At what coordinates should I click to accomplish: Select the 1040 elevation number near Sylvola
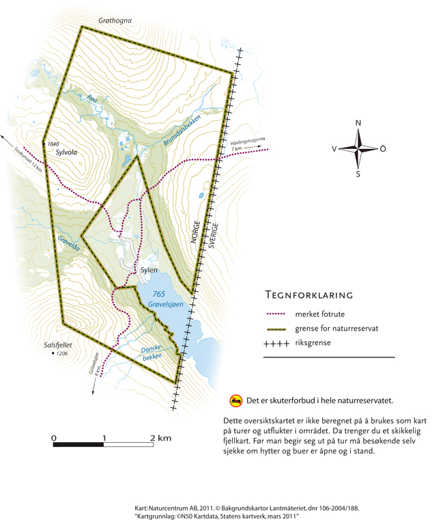pos(55,144)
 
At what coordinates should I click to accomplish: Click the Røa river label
pos(93,100)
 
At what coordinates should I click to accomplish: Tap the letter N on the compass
pos(358,123)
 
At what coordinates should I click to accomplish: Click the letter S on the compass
pos(358,174)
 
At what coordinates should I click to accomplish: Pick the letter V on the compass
pos(334,148)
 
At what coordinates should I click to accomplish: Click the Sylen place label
pos(149,271)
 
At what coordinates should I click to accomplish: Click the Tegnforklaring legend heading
pos(308,296)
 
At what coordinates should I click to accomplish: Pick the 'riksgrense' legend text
pos(314,343)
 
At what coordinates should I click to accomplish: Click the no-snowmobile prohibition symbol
pos(236,400)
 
